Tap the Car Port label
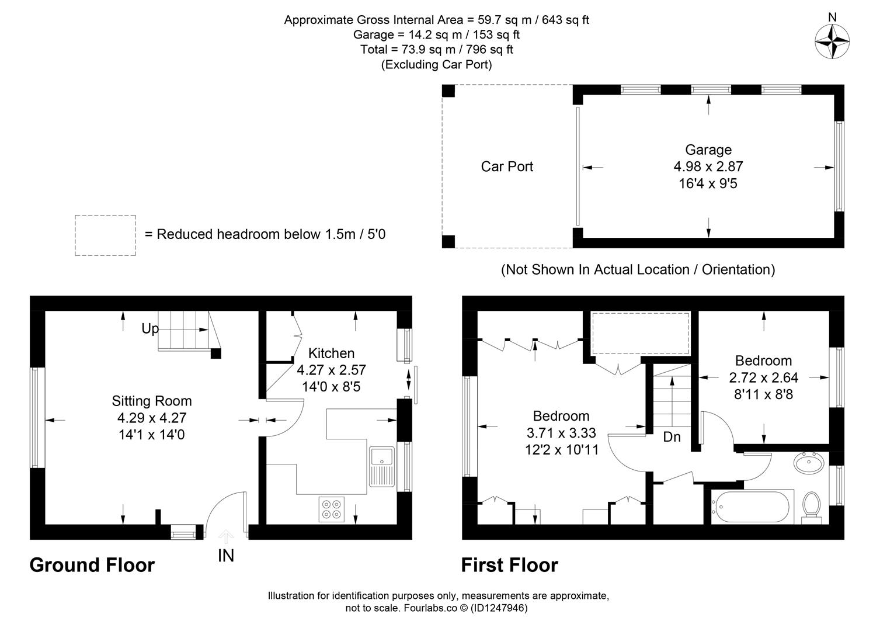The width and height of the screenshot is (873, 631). pyautogui.click(x=507, y=167)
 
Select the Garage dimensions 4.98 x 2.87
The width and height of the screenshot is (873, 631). pyautogui.click(x=708, y=167)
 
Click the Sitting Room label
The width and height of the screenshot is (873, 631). pyautogui.click(x=152, y=401)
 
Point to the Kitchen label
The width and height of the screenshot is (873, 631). pyautogui.click(x=331, y=353)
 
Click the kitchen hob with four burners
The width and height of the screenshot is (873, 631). pyautogui.click(x=332, y=509)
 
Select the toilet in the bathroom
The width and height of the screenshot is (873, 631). pyautogui.click(x=811, y=505)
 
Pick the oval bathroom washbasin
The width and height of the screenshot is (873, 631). pyautogui.click(x=809, y=463)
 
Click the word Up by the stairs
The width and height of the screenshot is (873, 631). pyautogui.click(x=150, y=329)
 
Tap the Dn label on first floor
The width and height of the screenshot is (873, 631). pyautogui.click(x=672, y=437)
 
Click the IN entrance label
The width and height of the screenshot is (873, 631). pyautogui.click(x=226, y=556)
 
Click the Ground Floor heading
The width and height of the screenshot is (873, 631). pyautogui.click(x=92, y=565)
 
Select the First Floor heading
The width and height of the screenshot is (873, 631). pyautogui.click(x=509, y=565)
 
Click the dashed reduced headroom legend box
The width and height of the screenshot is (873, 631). pyautogui.click(x=105, y=235)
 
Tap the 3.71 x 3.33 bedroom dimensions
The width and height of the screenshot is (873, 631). pyautogui.click(x=561, y=434)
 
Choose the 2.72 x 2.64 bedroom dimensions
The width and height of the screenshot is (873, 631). pyautogui.click(x=763, y=377)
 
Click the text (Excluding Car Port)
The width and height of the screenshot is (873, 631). pyautogui.click(x=436, y=65)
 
